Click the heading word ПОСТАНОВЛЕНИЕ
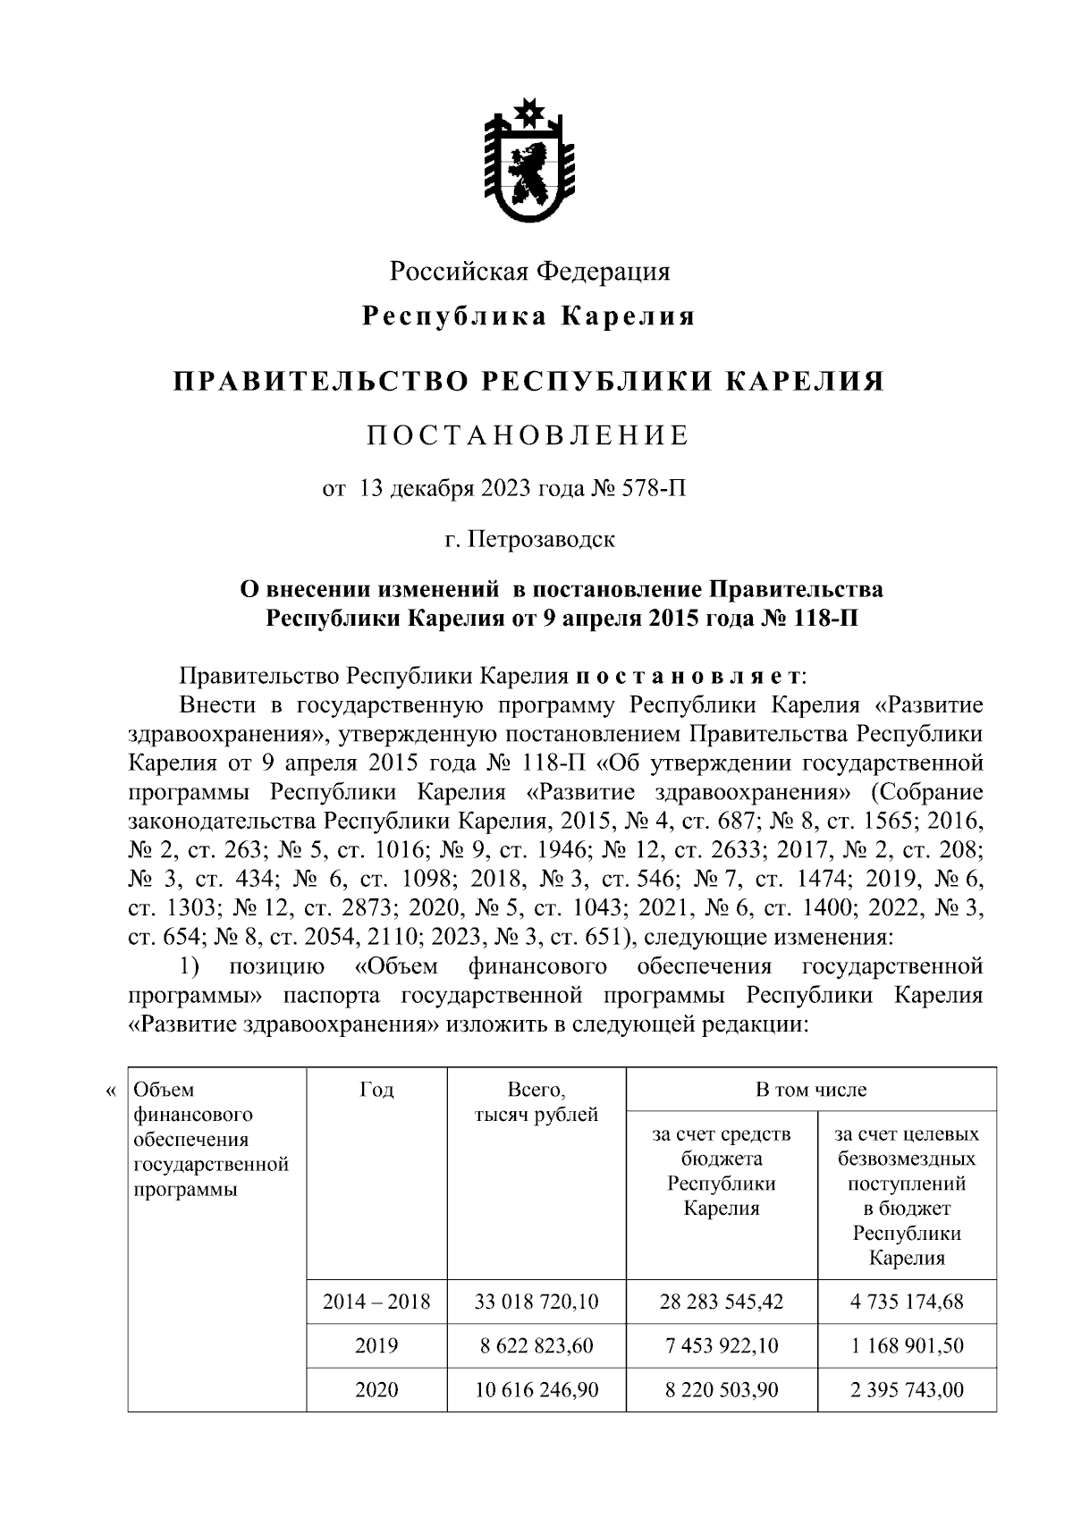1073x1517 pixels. click(x=528, y=435)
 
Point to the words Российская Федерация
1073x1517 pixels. click(x=529, y=270)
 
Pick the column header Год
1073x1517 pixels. click(x=376, y=1090)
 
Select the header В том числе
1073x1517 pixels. click(x=810, y=1090)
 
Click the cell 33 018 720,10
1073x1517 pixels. click(x=536, y=1302)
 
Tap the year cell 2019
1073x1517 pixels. click(x=376, y=1345)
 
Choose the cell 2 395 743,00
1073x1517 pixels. click(x=907, y=1390)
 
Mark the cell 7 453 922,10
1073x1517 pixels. click(x=721, y=1345)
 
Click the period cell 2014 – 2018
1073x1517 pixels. click(x=376, y=1302)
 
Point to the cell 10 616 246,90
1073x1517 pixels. click(x=536, y=1390)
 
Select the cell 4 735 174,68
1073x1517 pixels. click(x=907, y=1302)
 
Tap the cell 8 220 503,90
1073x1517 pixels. click(x=721, y=1390)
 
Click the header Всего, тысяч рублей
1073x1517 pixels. click(x=536, y=1102)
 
